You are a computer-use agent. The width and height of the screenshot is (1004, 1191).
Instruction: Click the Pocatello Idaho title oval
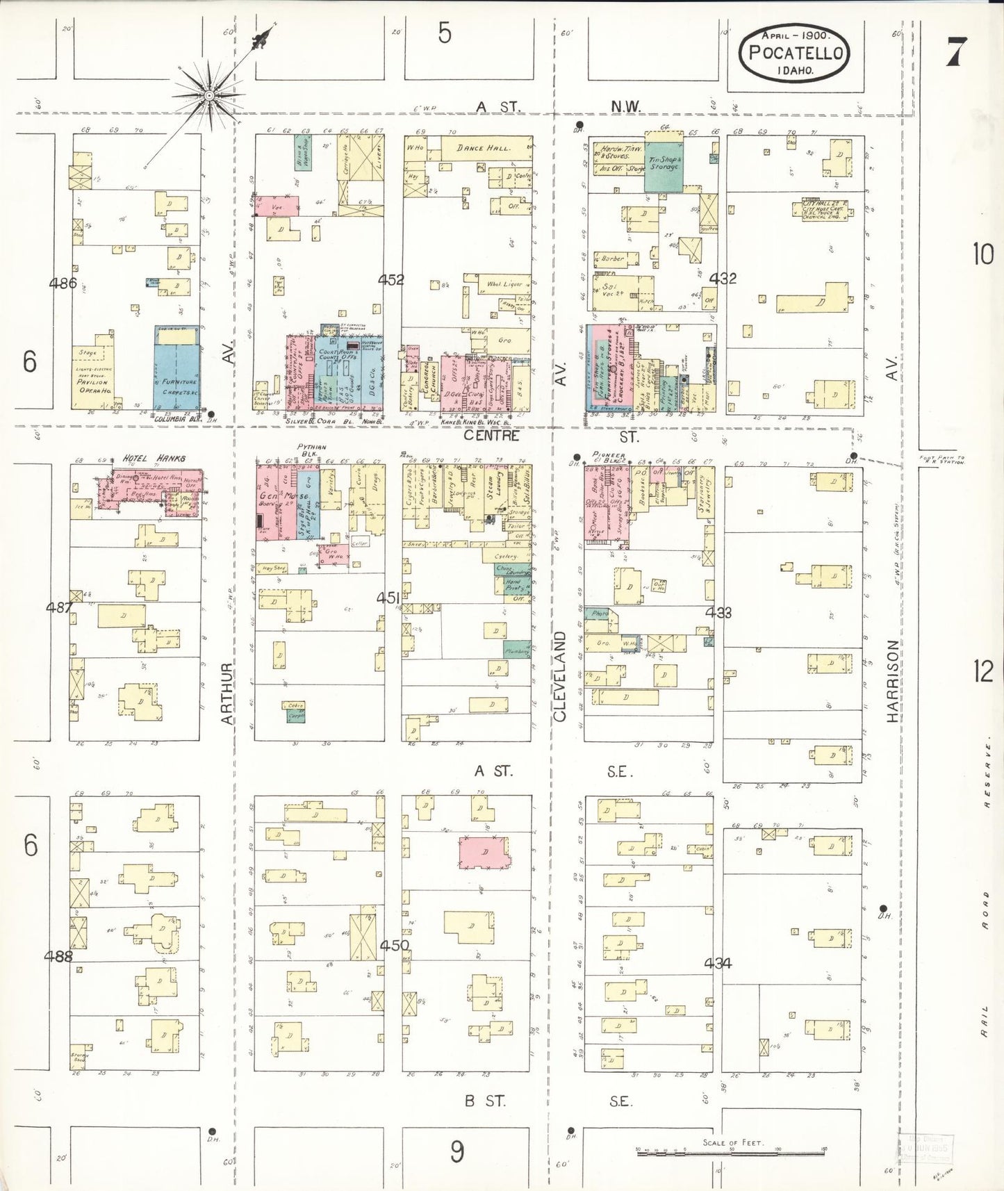794,53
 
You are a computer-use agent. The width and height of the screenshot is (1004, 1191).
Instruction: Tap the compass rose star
208,95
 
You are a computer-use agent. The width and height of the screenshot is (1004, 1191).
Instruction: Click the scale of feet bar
729,1149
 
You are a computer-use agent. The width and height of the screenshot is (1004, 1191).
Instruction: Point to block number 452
391,279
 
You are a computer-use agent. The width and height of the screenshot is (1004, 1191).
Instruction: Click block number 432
723,279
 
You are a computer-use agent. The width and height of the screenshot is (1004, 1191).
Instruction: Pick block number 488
58,955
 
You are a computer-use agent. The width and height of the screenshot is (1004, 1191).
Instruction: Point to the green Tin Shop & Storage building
664,164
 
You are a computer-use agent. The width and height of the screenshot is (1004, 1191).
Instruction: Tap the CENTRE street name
491,436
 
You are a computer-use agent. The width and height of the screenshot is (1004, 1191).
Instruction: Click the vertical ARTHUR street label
227,693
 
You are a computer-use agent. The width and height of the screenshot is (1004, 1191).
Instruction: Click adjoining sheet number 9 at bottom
456,1151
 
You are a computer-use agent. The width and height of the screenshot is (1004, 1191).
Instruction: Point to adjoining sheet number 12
983,671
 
